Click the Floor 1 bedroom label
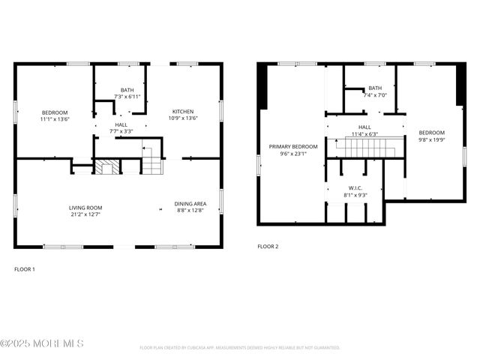54,112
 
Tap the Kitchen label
182,112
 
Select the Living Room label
85,208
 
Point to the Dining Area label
188,204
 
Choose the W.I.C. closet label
355,187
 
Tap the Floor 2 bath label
374,88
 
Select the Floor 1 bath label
127,90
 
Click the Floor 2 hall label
364,127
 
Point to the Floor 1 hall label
120,124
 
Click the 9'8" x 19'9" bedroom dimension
431,139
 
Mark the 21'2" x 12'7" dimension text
85,214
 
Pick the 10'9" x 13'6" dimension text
182,118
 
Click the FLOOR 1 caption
25,268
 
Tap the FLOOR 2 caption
268,246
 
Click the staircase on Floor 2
364,148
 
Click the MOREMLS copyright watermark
42,343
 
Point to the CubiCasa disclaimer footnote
240,348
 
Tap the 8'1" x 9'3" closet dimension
355,195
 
